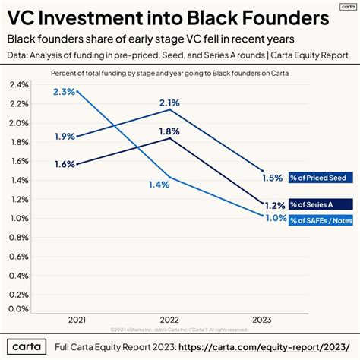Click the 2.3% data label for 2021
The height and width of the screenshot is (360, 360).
[x=64, y=91]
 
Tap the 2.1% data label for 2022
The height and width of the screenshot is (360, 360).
[x=169, y=103]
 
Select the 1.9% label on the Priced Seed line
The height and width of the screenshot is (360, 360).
[x=65, y=137]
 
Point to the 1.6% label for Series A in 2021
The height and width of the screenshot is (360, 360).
[x=65, y=163]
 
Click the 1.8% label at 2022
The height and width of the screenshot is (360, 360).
[x=169, y=131]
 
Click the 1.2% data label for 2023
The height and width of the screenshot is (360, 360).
[x=275, y=204]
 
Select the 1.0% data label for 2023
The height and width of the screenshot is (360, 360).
[x=275, y=219]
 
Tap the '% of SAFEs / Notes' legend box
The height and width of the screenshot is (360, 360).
[x=321, y=219]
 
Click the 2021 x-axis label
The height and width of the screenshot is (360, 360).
[x=77, y=319]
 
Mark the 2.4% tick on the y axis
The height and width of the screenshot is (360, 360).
[x=18, y=85]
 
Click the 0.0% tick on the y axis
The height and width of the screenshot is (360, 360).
[x=18, y=308]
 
